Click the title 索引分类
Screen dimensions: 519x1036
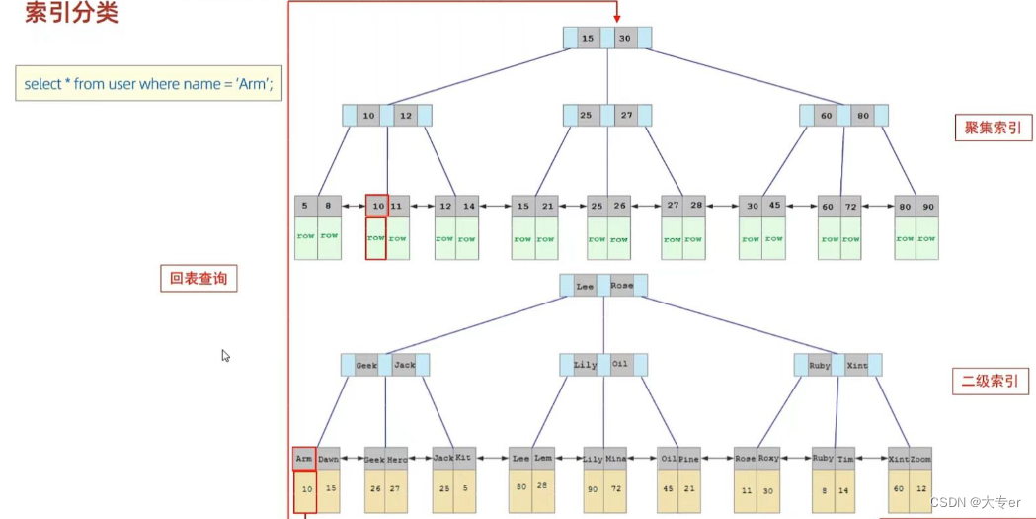71,15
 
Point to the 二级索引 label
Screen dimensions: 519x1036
991,382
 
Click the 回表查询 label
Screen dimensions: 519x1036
199,279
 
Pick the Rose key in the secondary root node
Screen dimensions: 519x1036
622,286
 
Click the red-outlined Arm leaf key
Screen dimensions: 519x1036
304,458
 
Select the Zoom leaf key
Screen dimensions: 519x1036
920,458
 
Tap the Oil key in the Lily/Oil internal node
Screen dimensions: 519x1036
620,365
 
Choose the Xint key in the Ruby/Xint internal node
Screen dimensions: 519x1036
857,365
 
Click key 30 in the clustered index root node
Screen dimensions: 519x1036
624,38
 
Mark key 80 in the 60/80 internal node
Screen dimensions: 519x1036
863,116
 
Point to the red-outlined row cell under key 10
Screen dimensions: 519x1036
375,238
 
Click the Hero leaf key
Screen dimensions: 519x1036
397,458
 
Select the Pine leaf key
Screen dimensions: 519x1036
689,458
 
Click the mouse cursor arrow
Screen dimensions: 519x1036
225,355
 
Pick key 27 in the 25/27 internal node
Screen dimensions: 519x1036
626,116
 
